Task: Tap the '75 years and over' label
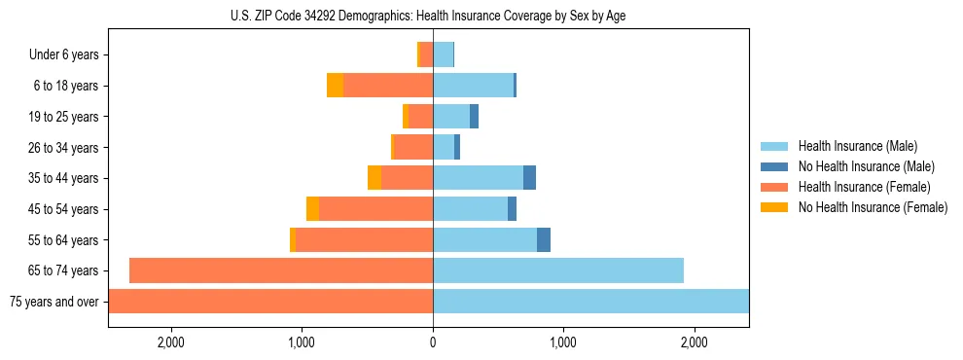[x=54, y=302]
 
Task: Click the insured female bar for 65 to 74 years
[x=281, y=270]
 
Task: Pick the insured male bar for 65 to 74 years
[x=558, y=270]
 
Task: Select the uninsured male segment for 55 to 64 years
[x=544, y=239]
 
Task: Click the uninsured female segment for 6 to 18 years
[x=335, y=86]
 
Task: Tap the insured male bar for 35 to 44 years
[x=478, y=178]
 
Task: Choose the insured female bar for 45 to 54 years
[x=375, y=209]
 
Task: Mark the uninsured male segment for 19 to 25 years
[x=474, y=117]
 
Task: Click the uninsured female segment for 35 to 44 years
[x=374, y=178]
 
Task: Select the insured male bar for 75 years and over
[x=590, y=302]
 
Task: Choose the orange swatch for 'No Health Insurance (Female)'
[x=774, y=207]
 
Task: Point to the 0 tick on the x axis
[x=433, y=342]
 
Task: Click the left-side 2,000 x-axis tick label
[x=171, y=342]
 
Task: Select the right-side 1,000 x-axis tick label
[x=563, y=342]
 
